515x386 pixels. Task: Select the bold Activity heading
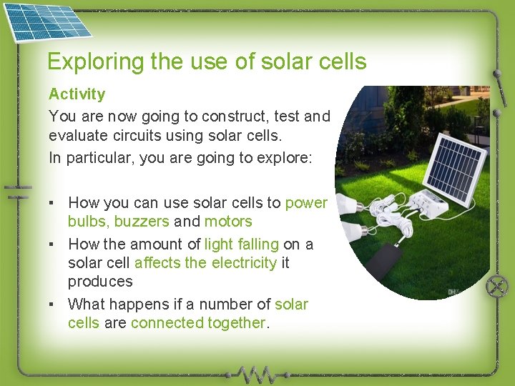77,94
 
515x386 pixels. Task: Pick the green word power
306,203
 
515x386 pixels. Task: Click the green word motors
228,222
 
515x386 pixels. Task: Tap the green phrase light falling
241,244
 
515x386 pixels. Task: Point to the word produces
100,282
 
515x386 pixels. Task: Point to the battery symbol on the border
17,192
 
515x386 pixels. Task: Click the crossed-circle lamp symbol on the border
496,287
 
